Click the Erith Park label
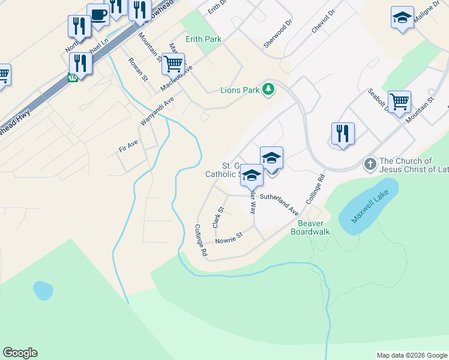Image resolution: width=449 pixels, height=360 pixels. click(x=203, y=39)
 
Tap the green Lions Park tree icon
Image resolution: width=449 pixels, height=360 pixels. click(x=269, y=90)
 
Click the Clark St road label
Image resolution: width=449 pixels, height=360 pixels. click(x=217, y=217)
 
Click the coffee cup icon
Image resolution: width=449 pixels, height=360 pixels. click(x=98, y=14)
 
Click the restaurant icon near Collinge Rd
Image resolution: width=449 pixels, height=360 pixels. click(x=343, y=133)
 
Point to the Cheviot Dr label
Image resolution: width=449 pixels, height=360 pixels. click(x=323, y=22)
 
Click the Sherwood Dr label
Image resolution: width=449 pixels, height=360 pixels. click(x=278, y=34)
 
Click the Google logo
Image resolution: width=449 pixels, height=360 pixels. click(x=20, y=353)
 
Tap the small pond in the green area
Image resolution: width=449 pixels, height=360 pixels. click(x=43, y=290)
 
